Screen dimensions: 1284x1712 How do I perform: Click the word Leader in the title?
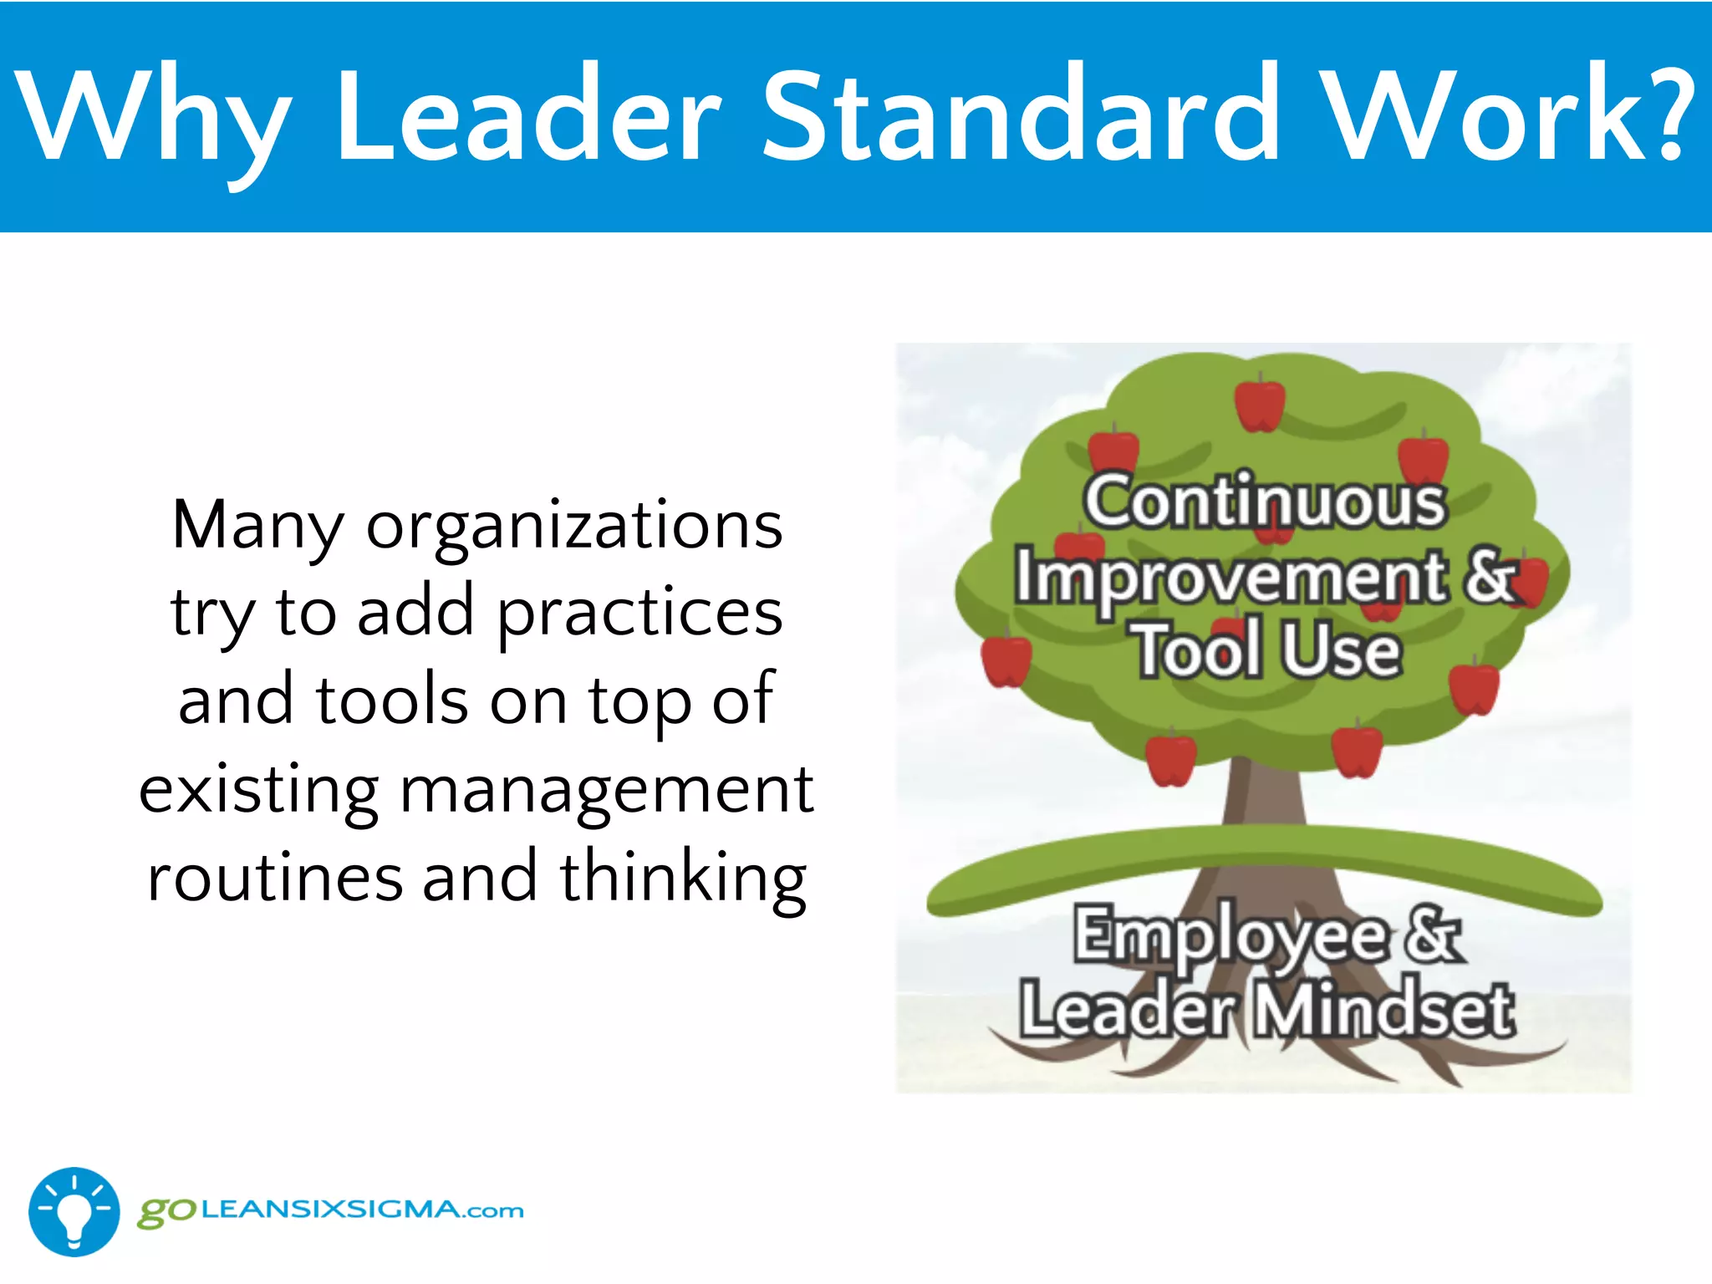pos(528,115)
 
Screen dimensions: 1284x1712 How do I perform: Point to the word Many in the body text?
pos(257,527)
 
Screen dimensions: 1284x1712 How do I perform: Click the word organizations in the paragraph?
pos(575,527)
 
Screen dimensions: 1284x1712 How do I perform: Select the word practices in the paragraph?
pos(640,614)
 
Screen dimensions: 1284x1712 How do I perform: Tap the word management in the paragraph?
pos(607,790)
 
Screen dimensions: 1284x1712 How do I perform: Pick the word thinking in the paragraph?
pos(683,878)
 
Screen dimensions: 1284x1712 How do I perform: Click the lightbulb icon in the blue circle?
pos(74,1212)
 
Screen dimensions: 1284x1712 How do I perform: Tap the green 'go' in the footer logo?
pos(166,1211)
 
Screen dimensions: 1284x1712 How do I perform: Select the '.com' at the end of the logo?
pos(495,1210)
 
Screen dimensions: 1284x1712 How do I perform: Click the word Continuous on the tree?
pos(1265,501)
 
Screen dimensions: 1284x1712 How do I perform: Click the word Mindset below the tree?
pos(1384,1011)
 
